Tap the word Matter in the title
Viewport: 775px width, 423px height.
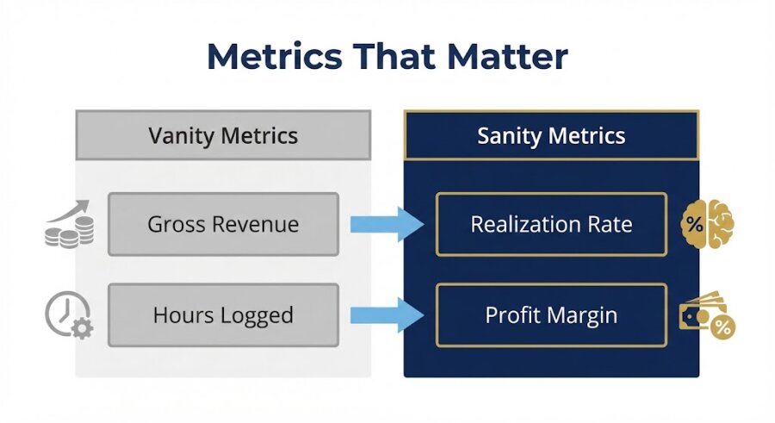point(504,57)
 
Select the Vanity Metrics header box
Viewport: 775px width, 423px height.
point(223,135)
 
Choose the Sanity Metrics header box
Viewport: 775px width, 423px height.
point(551,135)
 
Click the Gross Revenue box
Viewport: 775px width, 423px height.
point(223,224)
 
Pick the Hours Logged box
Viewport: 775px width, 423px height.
point(223,315)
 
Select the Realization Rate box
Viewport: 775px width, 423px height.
point(551,224)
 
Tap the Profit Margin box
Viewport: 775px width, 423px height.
point(551,315)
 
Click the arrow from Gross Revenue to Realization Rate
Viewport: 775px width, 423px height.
point(387,225)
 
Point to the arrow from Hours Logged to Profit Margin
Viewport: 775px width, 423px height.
point(387,315)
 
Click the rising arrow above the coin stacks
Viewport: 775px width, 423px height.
point(73,209)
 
